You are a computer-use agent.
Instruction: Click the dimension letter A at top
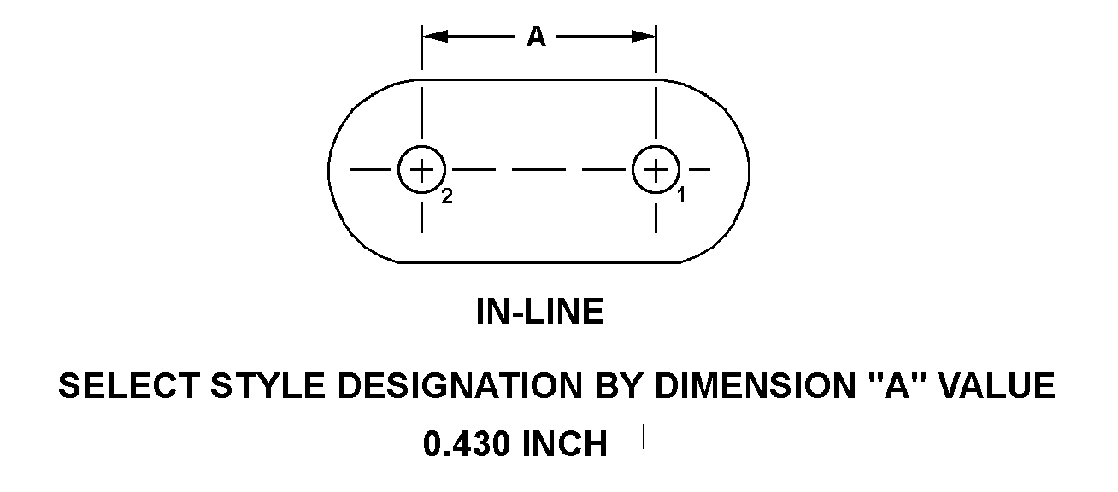point(536,37)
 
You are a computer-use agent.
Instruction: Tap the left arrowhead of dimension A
point(434,37)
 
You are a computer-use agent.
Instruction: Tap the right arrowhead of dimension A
point(644,37)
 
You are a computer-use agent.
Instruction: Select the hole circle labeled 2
point(421,146)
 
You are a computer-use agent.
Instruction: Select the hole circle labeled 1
point(656,146)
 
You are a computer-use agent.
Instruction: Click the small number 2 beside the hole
point(447,196)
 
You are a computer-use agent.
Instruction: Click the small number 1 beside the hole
point(681,195)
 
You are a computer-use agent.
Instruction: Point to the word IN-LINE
point(540,312)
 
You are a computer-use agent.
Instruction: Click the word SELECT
point(129,386)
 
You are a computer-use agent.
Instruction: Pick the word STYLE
point(268,386)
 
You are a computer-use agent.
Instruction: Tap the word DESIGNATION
point(460,386)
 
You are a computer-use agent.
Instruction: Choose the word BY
point(618,386)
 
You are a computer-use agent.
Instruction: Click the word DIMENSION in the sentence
point(755,386)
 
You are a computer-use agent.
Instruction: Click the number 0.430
point(467,444)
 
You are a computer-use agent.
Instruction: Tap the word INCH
point(564,444)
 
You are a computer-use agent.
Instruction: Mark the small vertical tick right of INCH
point(643,436)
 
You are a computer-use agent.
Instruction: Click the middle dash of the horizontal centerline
point(539,170)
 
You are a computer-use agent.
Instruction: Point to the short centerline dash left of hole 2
point(371,170)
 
